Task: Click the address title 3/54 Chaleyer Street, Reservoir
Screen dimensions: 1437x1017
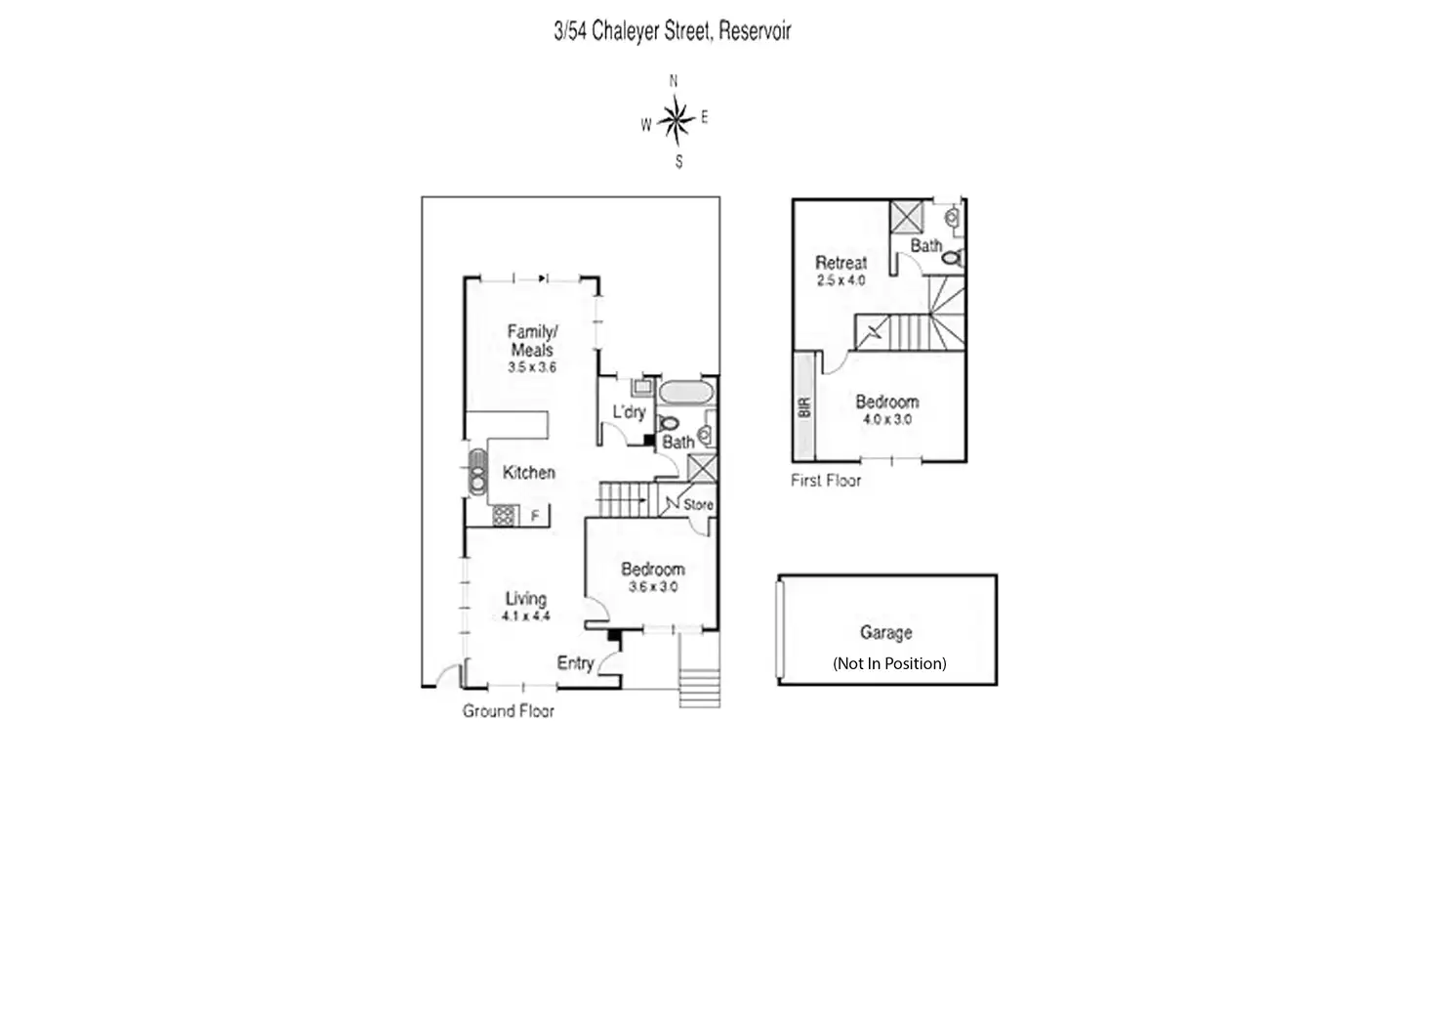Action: pos(672,31)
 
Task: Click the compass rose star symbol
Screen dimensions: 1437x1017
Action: pos(674,120)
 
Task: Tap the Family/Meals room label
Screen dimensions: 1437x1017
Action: pos(531,341)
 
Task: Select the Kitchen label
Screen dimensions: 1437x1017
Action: pos(528,473)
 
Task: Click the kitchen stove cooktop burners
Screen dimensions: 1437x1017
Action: pos(505,515)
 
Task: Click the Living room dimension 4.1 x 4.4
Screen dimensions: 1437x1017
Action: pos(525,616)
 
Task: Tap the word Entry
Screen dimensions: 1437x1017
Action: pos(575,663)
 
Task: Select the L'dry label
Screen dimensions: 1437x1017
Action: pos(629,412)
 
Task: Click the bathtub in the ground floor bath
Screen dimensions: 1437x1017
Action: pos(685,393)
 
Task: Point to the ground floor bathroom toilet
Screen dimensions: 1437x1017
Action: pos(669,424)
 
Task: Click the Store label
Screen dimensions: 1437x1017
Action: pos(698,505)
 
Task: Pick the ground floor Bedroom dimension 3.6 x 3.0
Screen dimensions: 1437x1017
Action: pos(652,587)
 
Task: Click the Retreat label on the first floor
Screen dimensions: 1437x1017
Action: pos(841,263)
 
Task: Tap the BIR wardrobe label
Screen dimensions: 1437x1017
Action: pos(804,406)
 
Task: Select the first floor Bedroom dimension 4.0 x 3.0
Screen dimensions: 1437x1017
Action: pos(886,419)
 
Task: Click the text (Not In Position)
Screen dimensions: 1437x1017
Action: pos(888,663)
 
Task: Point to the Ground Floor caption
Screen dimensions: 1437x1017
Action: pos(508,711)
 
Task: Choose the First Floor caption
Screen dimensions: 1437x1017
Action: pos(826,481)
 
